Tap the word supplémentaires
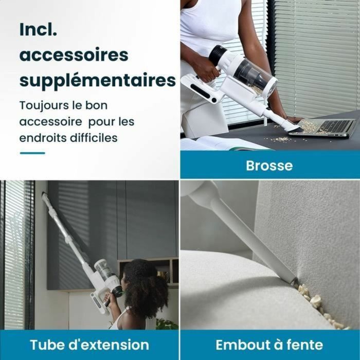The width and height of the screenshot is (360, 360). point(97,81)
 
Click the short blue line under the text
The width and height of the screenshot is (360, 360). point(32,153)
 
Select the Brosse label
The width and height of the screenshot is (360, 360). point(269,166)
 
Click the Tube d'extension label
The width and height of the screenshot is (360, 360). point(89,344)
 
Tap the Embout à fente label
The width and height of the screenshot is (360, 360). point(269,344)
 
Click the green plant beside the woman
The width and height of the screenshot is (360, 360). point(166,324)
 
